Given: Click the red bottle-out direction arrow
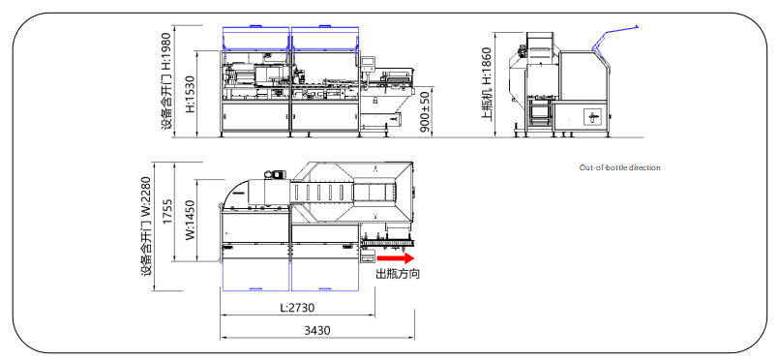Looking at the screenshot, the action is coord(396,258).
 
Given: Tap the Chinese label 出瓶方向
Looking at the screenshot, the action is coord(397,274).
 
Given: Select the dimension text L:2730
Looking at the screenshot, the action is coord(297,308).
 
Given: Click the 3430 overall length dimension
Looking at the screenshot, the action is coord(317,331).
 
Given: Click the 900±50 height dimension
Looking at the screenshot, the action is coord(425,112).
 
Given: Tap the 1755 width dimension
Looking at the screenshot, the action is coord(168,212).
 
